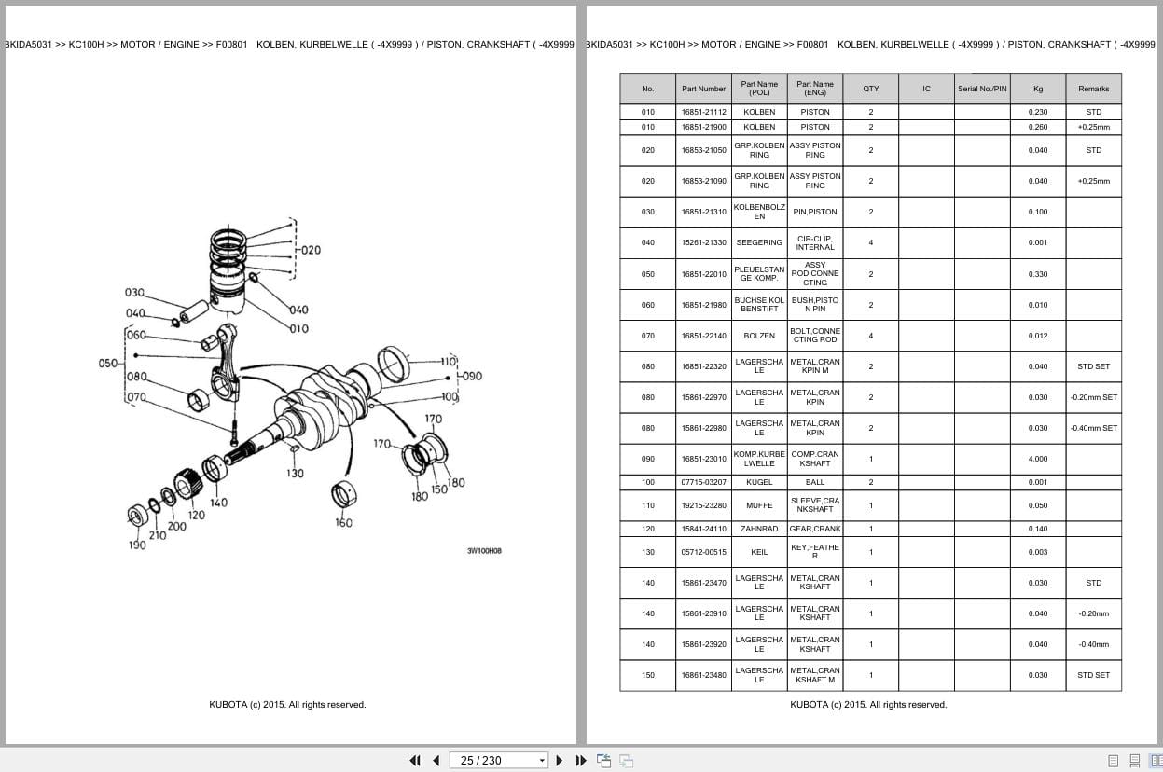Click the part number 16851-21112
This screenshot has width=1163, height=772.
click(x=703, y=112)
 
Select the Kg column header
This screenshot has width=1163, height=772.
click(x=1037, y=89)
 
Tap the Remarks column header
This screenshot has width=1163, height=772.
click(x=1093, y=89)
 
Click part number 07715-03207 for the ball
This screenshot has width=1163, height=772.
click(x=703, y=482)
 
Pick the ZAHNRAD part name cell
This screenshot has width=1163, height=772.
click(x=759, y=529)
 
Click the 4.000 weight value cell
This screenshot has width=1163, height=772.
click(x=1037, y=459)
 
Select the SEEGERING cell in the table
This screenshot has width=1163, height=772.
click(x=759, y=242)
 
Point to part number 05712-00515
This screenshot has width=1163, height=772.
click(x=703, y=552)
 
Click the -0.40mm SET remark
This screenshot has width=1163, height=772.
click(x=1093, y=428)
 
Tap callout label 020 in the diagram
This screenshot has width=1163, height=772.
click(x=309, y=250)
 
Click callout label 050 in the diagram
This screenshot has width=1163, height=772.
click(x=108, y=364)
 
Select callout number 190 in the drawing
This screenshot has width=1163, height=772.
click(x=137, y=545)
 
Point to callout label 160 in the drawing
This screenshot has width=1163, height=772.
click(x=343, y=523)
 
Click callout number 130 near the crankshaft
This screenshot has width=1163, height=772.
click(x=295, y=474)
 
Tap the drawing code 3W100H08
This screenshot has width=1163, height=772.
click(x=484, y=551)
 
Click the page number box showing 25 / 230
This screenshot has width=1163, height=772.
click(x=498, y=760)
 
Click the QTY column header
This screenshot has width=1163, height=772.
click(x=870, y=89)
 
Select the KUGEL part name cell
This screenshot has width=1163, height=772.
click(x=759, y=482)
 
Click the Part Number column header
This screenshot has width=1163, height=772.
click(x=703, y=89)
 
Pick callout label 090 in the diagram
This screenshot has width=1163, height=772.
click(x=472, y=376)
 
